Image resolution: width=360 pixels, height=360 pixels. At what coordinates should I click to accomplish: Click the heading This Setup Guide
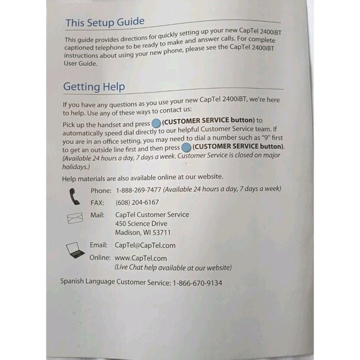pyautogui.click(x=105, y=22)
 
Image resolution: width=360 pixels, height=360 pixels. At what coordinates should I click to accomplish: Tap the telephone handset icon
pyautogui.click(x=74, y=196)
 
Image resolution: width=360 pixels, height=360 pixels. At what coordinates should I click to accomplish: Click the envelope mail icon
pyautogui.click(x=74, y=218)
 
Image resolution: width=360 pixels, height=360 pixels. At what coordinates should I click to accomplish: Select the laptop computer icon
pyautogui.click(x=76, y=250)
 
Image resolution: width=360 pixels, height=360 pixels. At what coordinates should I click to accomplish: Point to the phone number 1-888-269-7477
pyautogui.click(x=139, y=190)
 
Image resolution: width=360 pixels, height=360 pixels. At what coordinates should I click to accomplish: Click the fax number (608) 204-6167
pyautogui.click(x=137, y=202)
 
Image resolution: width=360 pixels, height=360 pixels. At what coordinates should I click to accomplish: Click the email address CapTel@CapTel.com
pyautogui.click(x=145, y=245)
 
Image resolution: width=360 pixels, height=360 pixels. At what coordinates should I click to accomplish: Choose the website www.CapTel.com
pyautogui.click(x=141, y=258)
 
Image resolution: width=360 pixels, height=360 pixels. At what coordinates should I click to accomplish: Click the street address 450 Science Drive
pyautogui.click(x=142, y=223)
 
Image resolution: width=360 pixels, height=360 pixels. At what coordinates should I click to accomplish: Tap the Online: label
pyautogui.click(x=100, y=258)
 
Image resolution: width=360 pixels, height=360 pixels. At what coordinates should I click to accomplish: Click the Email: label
pyautogui.click(x=99, y=245)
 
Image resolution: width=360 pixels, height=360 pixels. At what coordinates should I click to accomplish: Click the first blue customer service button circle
pyautogui.click(x=147, y=121)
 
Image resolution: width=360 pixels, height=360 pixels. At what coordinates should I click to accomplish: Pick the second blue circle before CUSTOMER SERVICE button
pyautogui.click(x=186, y=147)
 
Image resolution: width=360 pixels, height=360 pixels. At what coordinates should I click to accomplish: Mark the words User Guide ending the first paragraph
pyautogui.click(x=81, y=63)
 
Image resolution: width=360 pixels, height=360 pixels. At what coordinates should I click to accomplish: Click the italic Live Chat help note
pyautogui.click(x=173, y=268)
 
